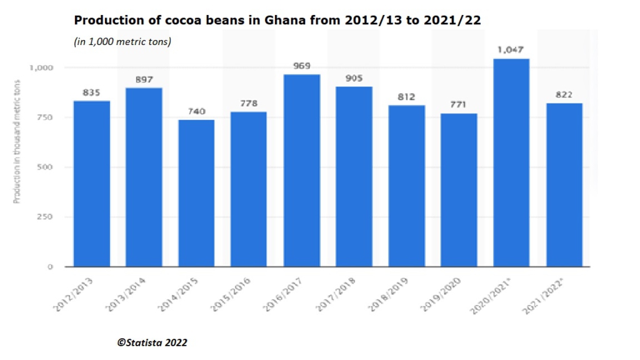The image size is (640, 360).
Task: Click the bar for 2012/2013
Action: pyautogui.click(x=91, y=184)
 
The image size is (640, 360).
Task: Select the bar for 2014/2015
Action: pyautogui.click(x=196, y=193)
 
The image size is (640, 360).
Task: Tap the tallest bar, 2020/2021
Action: pyautogui.click(x=511, y=162)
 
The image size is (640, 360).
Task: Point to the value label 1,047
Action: pyautogui.click(x=511, y=49)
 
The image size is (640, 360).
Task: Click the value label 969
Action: pyautogui.click(x=301, y=66)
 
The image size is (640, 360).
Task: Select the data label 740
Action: pyautogui.click(x=196, y=111)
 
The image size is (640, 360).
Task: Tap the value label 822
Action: pyautogui.click(x=564, y=94)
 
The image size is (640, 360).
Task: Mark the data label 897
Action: pyautogui.click(x=144, y=79)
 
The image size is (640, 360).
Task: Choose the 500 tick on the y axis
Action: pyautogui.click(x=48, y=167)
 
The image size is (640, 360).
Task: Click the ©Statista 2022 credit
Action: pyautogui.click(x=152, y=342)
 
